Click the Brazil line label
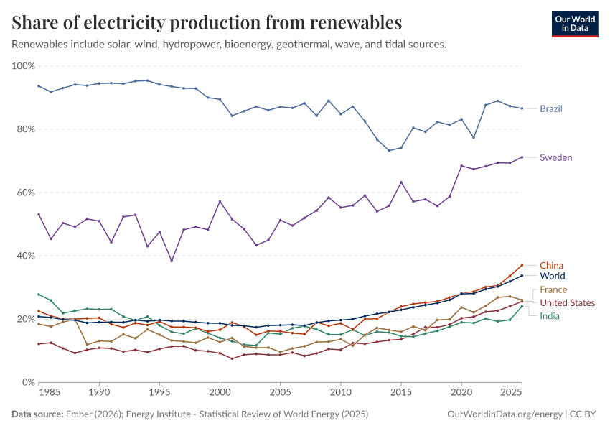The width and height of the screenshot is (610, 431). coord(551,109)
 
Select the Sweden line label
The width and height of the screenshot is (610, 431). coord(556,157)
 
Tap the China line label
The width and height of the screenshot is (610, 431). coord(551,265)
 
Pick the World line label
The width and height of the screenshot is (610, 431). coord(553,276)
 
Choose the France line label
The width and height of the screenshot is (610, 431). coord(553,290)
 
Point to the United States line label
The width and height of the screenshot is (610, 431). coord(567,302)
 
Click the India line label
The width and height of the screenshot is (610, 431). coord(550,316)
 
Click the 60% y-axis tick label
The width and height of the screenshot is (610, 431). coord(26,193)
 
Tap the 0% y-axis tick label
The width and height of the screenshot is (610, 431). coord(29,382)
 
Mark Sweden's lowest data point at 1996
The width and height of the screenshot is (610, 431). coord(172,261)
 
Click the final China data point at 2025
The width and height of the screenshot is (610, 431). coord(522,265)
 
